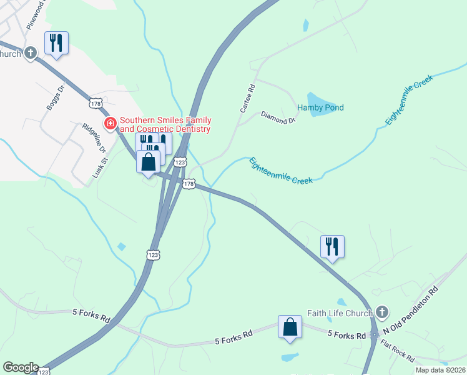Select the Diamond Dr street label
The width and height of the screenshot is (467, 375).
278,117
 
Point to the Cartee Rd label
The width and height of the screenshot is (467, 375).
248,99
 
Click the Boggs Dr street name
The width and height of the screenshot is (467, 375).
56,99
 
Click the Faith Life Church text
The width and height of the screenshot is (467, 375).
340,312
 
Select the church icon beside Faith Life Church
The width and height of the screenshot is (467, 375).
381,312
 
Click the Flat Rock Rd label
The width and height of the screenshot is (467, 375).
397,351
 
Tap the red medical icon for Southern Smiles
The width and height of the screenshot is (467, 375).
111,124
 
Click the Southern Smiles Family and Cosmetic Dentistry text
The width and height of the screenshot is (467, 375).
165,124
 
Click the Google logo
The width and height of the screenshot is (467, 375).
20,367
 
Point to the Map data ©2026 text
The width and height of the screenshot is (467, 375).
441,370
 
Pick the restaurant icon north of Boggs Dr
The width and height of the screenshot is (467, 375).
56,43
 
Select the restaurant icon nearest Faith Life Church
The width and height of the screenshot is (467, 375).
332,246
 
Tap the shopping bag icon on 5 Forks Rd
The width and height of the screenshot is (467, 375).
290,326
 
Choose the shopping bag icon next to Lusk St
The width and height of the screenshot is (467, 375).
149,162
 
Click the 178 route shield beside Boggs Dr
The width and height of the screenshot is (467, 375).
95,102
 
